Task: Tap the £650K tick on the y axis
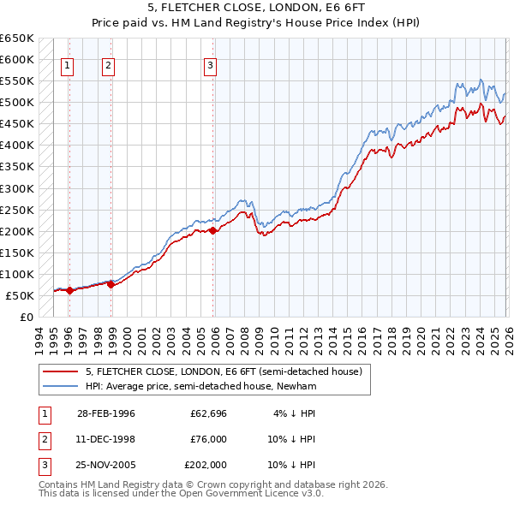pos(17,39)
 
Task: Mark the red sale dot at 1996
pos(70,290)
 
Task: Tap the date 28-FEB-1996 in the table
pos(105,413)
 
